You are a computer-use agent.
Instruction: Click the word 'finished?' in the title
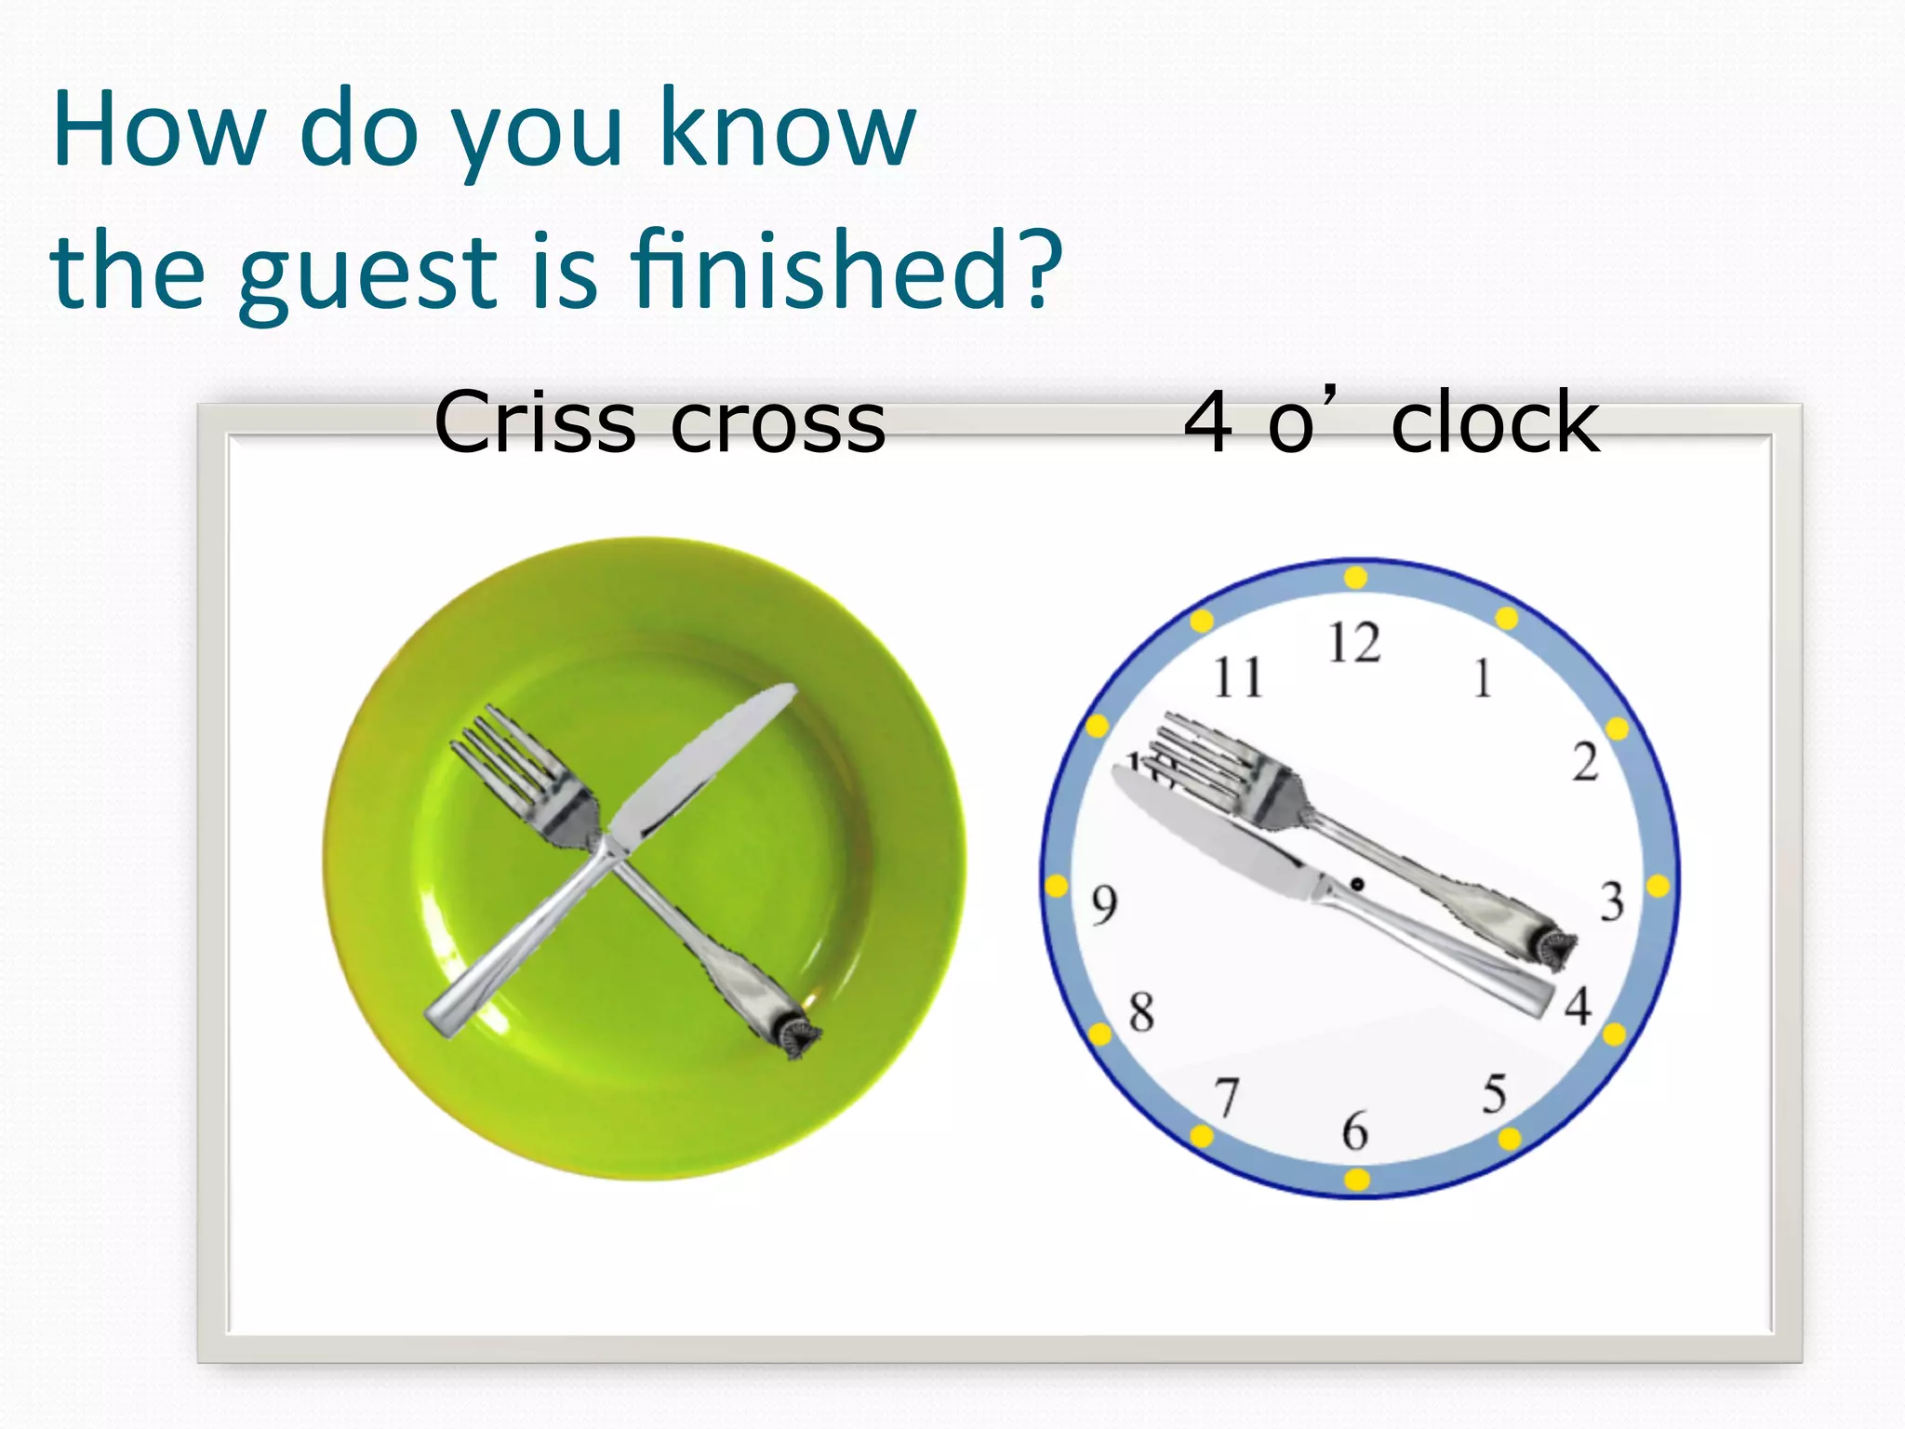(846, 271)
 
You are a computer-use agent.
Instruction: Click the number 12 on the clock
(1354, 643)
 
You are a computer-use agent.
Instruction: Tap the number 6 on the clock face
(1355, 1131)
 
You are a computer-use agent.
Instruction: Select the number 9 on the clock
(1104, 904)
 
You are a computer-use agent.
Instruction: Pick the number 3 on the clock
(1612, 901)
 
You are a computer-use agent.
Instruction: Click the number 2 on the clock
(1586, 762)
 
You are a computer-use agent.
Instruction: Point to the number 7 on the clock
(1228, 1097)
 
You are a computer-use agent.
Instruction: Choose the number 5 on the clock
(1495, 1094)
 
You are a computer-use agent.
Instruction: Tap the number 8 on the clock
(1141, 1012)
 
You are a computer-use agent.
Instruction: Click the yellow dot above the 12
(1355, 578)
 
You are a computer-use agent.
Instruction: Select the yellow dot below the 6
(1357, 1180)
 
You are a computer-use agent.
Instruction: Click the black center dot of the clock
(1357, 884)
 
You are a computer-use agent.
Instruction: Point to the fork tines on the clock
(1205, 754)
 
